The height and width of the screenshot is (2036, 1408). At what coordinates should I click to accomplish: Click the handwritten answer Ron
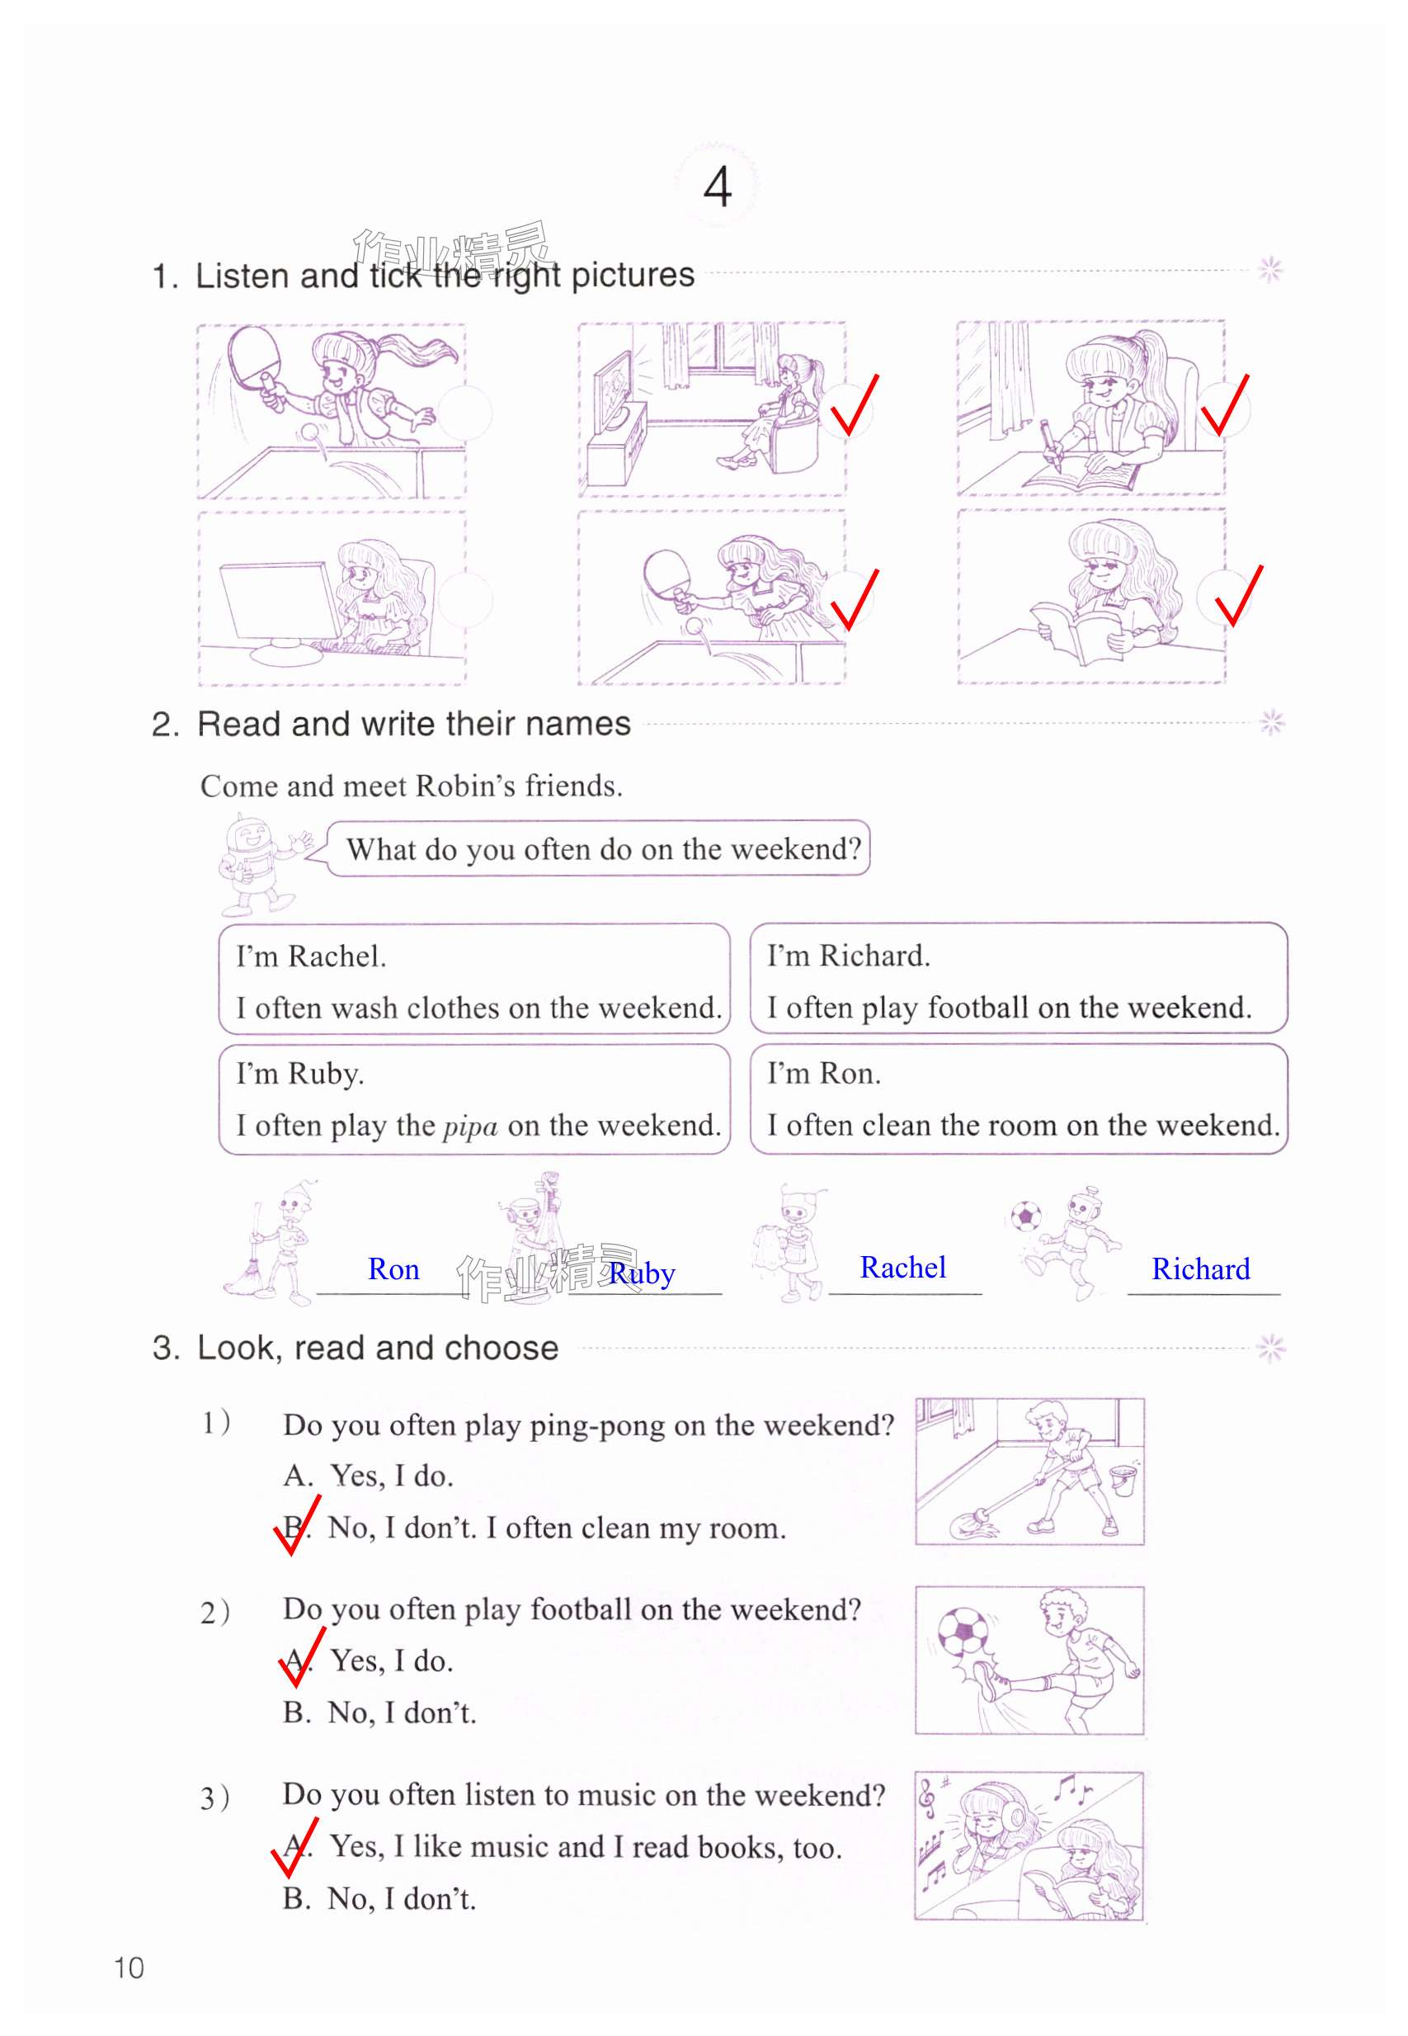393,1269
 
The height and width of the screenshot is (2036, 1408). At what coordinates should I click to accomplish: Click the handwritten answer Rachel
902,1268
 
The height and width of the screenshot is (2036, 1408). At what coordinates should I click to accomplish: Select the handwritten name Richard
1201,1269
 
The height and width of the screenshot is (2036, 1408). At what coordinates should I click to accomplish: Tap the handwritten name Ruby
643,1274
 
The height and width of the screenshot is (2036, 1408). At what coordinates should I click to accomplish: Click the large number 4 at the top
718,187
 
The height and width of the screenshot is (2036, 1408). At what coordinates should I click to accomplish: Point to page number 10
129,1968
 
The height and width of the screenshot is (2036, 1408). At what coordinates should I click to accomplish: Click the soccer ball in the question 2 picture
963,1630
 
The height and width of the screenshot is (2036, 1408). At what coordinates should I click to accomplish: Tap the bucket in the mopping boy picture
1123,1480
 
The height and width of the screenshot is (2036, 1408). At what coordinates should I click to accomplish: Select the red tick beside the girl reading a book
1238,596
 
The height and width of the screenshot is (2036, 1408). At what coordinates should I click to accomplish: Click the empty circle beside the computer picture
465,599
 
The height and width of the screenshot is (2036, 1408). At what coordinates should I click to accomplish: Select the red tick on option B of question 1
296,1526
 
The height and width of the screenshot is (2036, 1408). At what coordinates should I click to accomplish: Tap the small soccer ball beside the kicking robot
1025,1216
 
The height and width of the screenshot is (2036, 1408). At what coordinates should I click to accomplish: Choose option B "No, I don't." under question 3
379,1899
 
